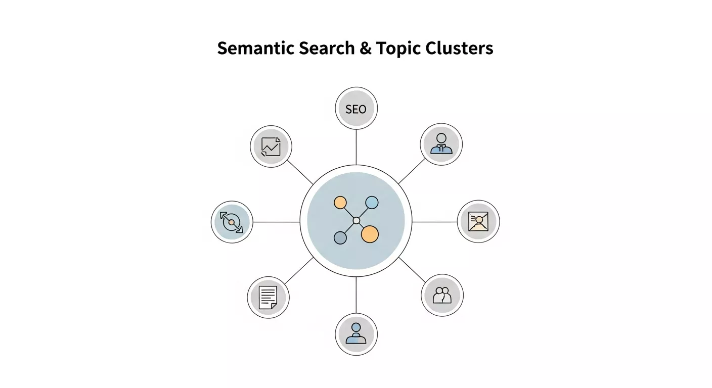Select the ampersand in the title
click(366, 48)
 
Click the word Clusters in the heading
click(459, 48)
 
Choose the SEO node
click(356, 109)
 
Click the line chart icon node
click(272, 147)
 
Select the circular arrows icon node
click(232, 222)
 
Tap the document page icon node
click(268, 298)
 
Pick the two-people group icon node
click(442, 295)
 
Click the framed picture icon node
click(478, 221)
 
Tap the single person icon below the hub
click(356, 334)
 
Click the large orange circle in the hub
click(370, 233)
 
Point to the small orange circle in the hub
click(340, 203)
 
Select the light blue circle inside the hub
click(372, 203)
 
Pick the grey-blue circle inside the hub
click(340, 237)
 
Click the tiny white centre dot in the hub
click(356, 220)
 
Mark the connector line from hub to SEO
click(356, 147)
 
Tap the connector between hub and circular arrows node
click(276, 222)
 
